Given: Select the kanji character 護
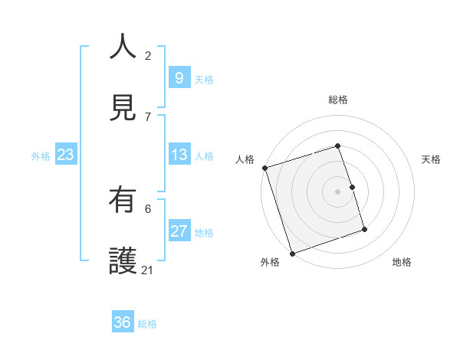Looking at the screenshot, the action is tap(123, 260).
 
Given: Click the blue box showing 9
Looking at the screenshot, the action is tap(179, 78).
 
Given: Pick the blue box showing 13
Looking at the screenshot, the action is tap(179, 155).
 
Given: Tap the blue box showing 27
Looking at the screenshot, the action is tap(179, 231).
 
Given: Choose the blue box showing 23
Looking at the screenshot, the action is tap(65, 155).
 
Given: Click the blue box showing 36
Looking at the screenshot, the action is tap(122, 322).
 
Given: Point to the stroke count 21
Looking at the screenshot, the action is tap(148, 270).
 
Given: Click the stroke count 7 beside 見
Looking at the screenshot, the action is tap(148, 116).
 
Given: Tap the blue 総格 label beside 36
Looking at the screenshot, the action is tap(147, 324).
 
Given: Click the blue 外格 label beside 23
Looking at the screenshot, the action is tap(41, 156).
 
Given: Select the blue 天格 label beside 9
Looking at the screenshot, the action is tap(204, 80).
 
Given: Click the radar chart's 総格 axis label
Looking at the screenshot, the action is tap(338, 100).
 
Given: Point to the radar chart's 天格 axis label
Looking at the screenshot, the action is tap(432, 159).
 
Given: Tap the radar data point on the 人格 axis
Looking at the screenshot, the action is tap(264, 168).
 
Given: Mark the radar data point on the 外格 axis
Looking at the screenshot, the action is tap(292, 253).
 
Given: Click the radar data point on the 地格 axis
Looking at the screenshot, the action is tap(364, 229).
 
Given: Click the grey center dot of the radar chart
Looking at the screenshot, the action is tap(338, 191).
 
